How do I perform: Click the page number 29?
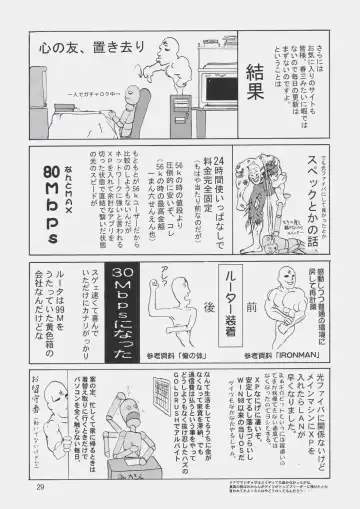(40, 487)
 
